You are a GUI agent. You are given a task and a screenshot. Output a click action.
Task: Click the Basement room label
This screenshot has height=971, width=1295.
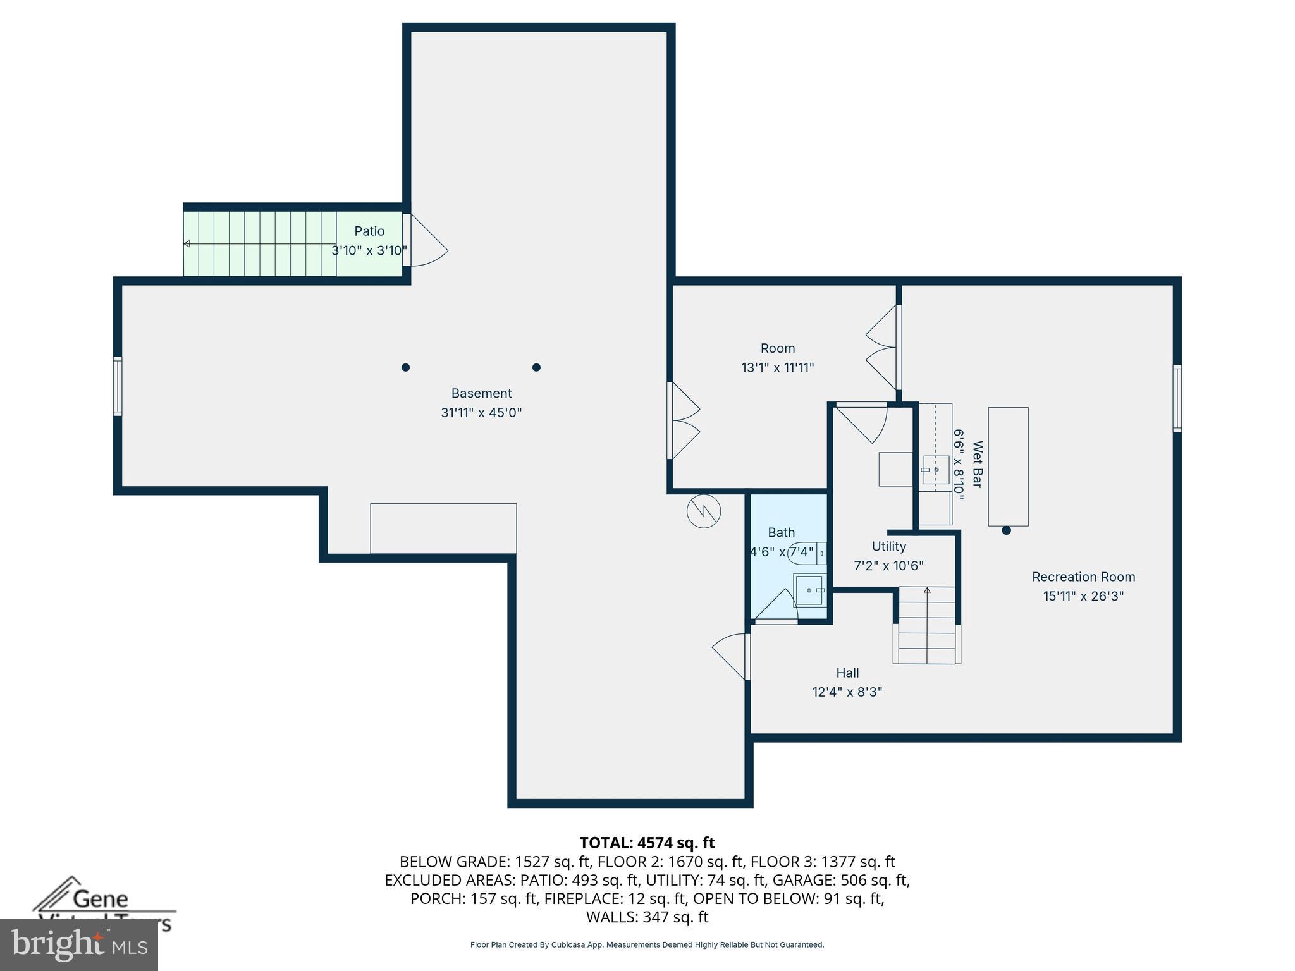(481, 393)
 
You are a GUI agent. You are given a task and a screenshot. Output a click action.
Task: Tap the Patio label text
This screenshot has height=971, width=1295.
(369, 231)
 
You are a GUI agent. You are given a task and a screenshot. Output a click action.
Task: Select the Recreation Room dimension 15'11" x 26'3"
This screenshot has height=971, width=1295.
(1083, 596)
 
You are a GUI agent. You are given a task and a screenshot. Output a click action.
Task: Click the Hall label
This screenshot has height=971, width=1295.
(847, 673)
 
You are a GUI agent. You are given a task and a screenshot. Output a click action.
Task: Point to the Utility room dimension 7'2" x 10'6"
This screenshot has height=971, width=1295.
(888, 566)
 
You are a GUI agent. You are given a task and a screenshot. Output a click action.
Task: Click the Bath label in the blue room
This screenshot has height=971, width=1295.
(781, 532)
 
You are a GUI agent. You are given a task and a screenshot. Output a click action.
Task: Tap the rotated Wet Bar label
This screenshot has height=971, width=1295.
(977, 464)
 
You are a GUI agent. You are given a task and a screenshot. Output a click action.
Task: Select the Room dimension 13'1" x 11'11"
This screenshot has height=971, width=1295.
(777, 367)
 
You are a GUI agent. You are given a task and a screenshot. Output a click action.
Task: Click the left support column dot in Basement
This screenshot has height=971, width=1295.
(405, 367)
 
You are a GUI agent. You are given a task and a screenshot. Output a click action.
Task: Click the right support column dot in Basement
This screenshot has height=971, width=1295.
(536, 367)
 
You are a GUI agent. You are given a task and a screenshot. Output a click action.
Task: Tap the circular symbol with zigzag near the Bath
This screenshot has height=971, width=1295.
(704, 511)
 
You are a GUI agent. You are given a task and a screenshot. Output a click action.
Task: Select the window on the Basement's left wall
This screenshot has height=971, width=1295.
(118, 386)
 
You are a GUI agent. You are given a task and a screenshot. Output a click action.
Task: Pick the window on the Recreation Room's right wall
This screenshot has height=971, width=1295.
(1177, 398)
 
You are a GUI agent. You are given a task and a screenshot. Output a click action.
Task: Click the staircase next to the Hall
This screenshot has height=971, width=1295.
(927, 625)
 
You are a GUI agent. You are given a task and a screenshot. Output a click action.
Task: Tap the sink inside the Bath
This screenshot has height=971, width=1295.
(809, 590)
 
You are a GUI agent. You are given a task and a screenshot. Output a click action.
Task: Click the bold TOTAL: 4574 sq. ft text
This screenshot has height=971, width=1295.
(647, 843)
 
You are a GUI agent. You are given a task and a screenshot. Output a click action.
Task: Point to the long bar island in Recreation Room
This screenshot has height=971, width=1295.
(1008, 466)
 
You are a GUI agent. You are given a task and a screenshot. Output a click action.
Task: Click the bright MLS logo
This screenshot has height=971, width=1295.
(79, 944)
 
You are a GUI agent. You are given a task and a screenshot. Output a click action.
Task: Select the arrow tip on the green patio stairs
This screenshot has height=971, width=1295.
(187, 244)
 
